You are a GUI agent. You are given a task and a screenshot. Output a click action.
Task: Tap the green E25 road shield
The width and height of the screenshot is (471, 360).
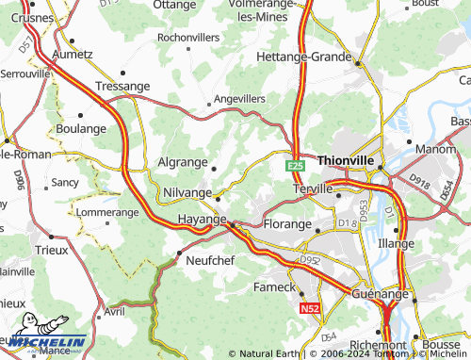click(x=296, y=165)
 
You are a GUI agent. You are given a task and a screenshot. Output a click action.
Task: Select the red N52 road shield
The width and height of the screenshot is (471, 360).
click(x=309, y=308)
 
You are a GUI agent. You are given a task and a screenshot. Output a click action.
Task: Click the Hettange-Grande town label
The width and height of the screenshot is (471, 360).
click(x=303, y=57)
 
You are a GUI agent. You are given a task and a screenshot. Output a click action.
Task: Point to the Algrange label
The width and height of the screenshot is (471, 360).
click(x=182, y=161)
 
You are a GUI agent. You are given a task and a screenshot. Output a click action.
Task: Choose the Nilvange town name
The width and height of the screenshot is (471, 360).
click(x=187, y=191)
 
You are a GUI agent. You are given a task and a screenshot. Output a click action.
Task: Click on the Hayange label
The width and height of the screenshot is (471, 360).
click(x=202, y=219)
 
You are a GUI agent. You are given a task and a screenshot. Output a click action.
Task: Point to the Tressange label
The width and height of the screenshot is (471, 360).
click(x=123, y=86)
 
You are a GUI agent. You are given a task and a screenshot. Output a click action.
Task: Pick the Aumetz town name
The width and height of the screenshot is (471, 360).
click(x=72, y=55)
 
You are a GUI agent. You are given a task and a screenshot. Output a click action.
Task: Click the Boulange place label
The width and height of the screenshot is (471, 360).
click(x=81, y=128)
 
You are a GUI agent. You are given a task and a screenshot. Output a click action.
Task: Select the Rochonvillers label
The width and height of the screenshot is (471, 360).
click(x=188, y=38)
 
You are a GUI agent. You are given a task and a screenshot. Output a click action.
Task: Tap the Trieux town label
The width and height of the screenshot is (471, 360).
click(x=51, y=250)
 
